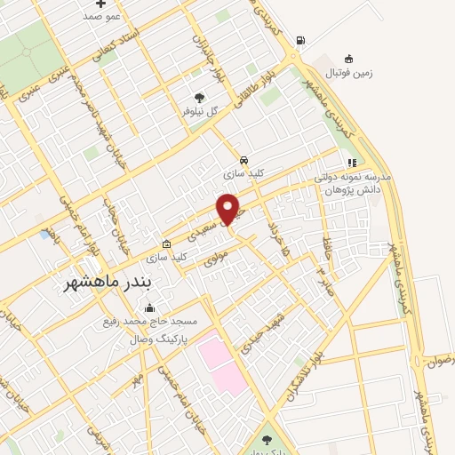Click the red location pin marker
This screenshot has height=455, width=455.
(x=228, y=209)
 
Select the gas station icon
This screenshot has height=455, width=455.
(x=301, y=40)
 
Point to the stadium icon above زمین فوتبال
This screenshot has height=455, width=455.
(x=348, y=60)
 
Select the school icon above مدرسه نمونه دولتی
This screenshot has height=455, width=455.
(x=352, y=164)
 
